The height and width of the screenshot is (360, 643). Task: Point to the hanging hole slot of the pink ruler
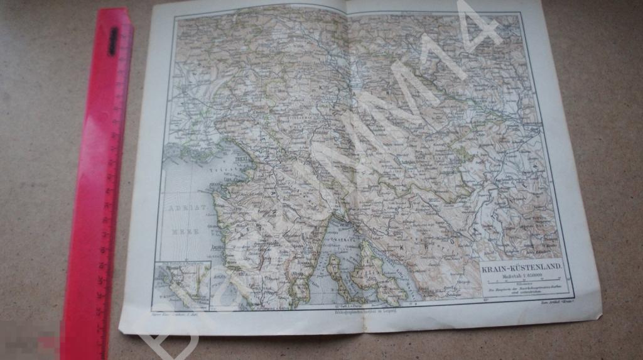(114, 40)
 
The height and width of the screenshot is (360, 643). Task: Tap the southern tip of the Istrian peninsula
(300, 300)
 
